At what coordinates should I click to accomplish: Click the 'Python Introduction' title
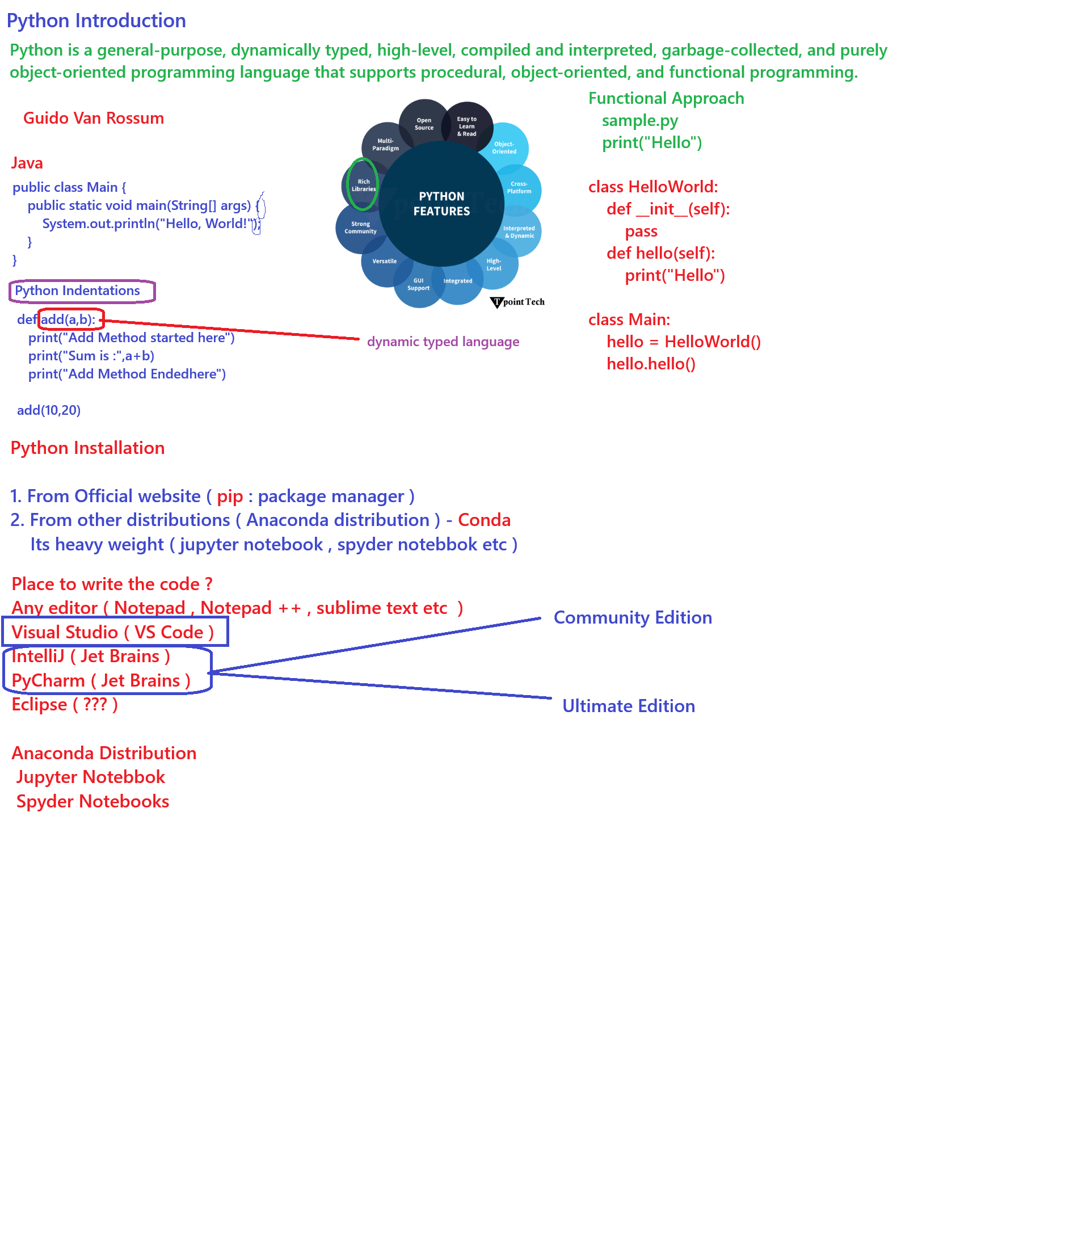pyautogui.click(x=96, y=20)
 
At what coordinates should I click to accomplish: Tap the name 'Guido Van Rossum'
pyautogui.click(x=94, y=118)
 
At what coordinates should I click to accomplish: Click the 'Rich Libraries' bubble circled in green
pyautogui.click(x=363, y=185)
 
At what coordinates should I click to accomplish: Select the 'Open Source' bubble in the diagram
pyautogui.click(x=424, y=124)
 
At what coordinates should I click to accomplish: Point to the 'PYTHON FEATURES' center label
pyautogui.click(x=441, y=204)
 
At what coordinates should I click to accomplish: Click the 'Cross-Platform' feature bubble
pyautogui.click(x=519, y=188)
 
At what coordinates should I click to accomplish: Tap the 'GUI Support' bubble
pyautogui.click(x=418, y=284)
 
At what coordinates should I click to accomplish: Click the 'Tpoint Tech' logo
pyautogui.click(x=517, y=302)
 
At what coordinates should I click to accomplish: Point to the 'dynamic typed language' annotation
pyautogui.click(x=443, y=342)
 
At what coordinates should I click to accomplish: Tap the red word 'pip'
pyautogui.click(x=230, y=497)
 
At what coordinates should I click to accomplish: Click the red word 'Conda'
pyautogui.click(x=484, y=520)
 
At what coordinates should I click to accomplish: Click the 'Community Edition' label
pyautogui.click(x=633, y=617)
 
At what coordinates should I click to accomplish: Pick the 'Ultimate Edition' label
pyautogui.click(x=628, y=706)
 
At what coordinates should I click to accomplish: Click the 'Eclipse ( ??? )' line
pyautogui.click(x=65, y=705)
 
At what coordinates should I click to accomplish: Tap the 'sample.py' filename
pyautogui.click(x=640, y=121)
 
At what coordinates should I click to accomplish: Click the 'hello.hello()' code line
pyautogui.click(x=651, y=364)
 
